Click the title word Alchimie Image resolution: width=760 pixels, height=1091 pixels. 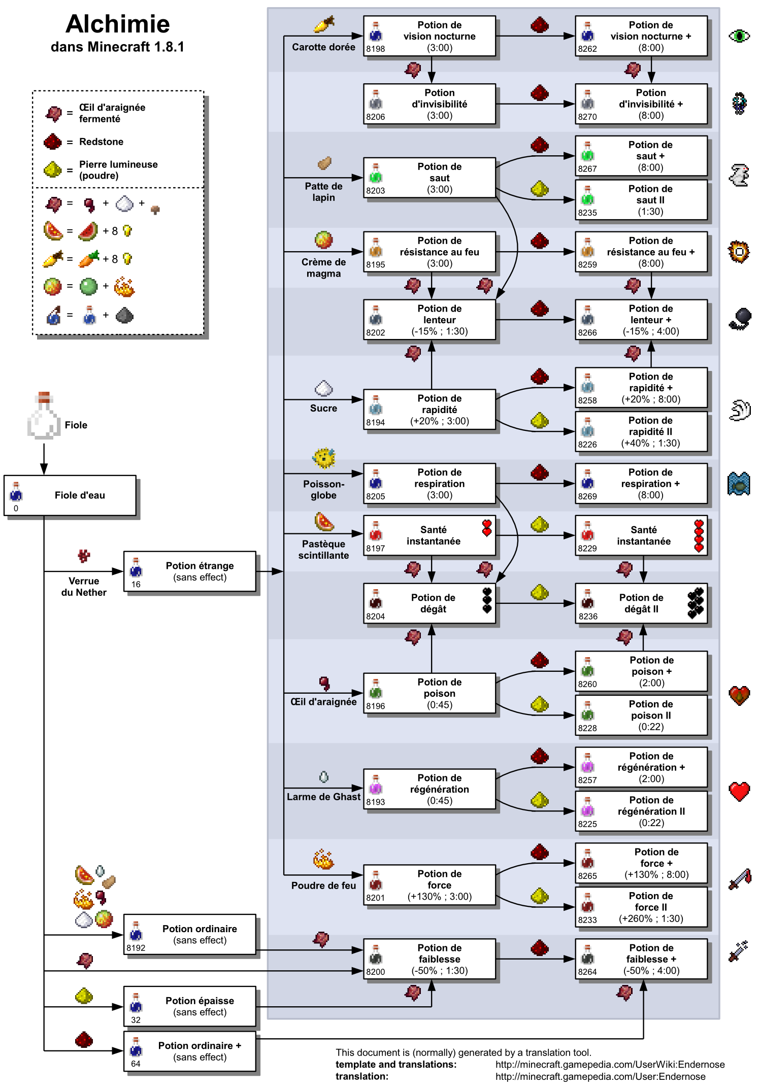click(x=118, y=24)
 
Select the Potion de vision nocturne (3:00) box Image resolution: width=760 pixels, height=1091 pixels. click(x=429, y=36)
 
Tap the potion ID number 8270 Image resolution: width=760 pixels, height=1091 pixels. click(x=587, y=117)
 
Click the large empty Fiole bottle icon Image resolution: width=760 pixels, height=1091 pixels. click(x=44, y=416)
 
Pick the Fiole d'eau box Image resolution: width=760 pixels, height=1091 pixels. click(x=70, y=496)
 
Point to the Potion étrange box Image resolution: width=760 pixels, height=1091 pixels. click(x=190, y=571)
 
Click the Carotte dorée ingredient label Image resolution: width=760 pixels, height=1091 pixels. click(x=323, y=47)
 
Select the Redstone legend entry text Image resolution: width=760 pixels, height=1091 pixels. click(x=101, y=142)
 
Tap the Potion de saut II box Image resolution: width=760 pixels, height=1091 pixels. click(x=641, y=200)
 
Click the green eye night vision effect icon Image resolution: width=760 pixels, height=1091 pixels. click(x=739, y=36)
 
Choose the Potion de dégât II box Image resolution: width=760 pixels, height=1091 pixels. click(x=641, y=604)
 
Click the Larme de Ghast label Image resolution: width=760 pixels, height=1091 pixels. click(x=323, y=797)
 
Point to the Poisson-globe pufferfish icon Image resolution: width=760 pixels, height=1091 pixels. click(x=324, y=458)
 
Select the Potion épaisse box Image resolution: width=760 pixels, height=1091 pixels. click(x=190, y=1006)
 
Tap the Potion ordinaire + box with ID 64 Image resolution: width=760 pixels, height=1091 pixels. click(x=190, y=1051)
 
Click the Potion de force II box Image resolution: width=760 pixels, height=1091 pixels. click(x=641, y=907)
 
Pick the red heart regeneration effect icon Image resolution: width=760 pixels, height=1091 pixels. click(x=739, y=791)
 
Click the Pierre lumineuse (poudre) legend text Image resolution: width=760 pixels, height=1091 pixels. click(x=118, y=170)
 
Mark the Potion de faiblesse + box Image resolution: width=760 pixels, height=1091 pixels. click(x=641, y=959)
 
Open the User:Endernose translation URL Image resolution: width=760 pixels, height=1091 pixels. click(x=600, y=1077)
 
